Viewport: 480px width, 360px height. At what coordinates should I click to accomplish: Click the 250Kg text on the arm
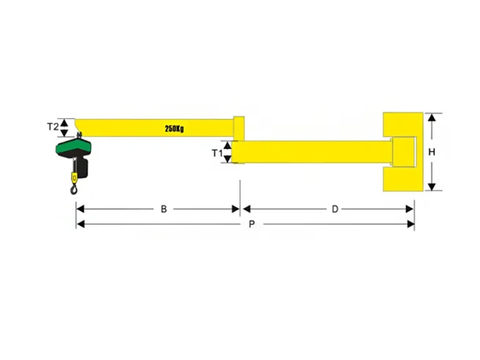coord(174,129)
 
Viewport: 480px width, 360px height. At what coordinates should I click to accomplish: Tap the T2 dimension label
coord(52,126)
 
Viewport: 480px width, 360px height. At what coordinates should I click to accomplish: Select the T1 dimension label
coord(217,152)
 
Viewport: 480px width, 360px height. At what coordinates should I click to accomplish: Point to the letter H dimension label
coord(432,152)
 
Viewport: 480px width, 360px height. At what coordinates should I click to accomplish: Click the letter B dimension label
coord(164,209)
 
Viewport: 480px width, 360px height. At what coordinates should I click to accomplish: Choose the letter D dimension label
coord(335,209)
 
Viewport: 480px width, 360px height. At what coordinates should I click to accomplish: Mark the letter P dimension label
coord(252,224)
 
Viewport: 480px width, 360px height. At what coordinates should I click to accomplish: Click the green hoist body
coord(74,146)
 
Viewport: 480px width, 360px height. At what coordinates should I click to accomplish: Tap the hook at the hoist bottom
coord(74,189)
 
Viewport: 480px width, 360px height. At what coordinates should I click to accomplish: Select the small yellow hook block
coord(74,178)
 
